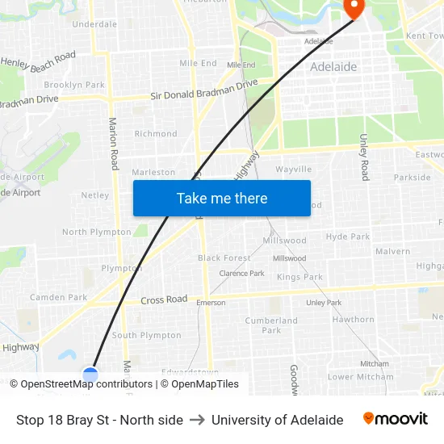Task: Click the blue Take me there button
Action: click(x=221, y=198)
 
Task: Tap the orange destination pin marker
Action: click(x=354, y=8)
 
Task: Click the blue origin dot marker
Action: click(x=90, y=375)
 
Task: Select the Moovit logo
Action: click(x=396, y=418)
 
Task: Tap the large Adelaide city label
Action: click(x=333, y=67)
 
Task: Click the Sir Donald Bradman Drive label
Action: click(x=204, y=90)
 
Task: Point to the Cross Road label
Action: click(x=164, y=300)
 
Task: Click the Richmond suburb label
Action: click(x=156, y=134)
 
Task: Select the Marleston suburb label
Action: click(x=153, y=172)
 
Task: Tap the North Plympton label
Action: click(x=96, y=232)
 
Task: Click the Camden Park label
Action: click(x=58, y=297)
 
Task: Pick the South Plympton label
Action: click(x=146, y=335)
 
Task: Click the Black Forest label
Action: click(x=224, y=258)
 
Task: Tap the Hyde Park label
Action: click(x=348, y=237)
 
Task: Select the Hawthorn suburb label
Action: click(x=353, y=320)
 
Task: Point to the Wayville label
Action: click(x=293, y=170)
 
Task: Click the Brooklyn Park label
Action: click(x=74, y=85)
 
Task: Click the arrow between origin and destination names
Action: click(x=197, y=420)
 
